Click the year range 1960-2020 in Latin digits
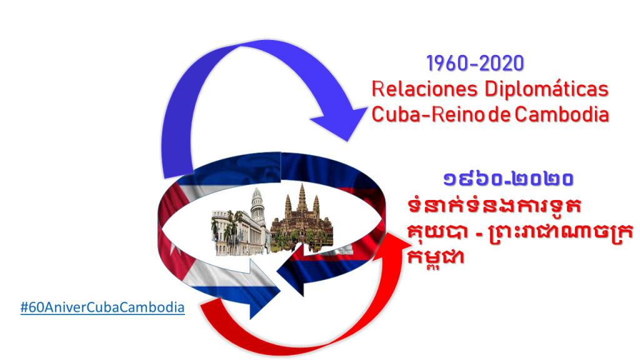tap(475, 64)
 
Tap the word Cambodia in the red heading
tap(562, 114)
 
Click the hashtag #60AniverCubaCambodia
tap(102, 307)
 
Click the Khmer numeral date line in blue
tap(509, 179)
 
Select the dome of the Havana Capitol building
tap(257, 202)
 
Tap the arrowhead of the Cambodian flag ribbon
tap(291, 274)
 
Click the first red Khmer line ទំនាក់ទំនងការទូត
tap(494, 206)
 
